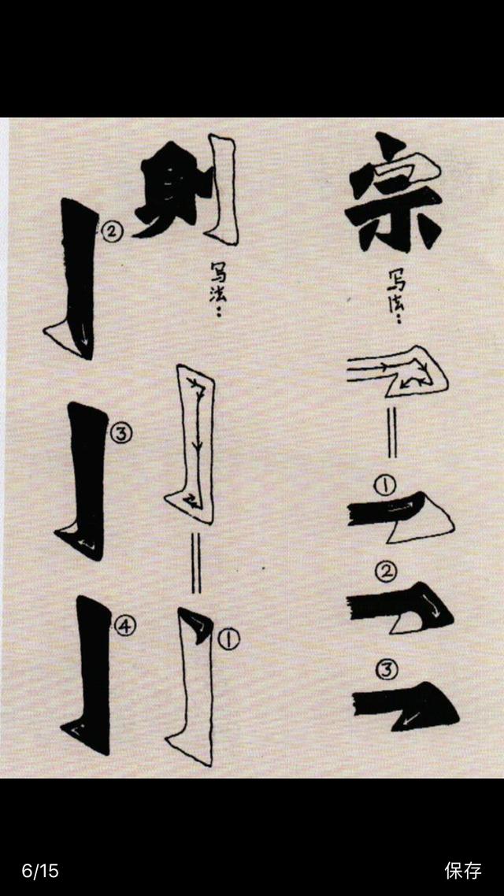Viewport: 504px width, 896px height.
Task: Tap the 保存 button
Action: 463,870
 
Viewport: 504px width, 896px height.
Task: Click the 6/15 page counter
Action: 40,870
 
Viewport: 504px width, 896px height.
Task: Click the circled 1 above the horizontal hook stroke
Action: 385,486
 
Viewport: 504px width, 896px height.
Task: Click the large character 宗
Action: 395,193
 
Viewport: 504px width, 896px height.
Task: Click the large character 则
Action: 186,190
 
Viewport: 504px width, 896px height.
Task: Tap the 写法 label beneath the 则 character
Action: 217,289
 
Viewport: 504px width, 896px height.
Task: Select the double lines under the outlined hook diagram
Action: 392,432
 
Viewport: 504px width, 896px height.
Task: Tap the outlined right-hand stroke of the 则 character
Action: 222,189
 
